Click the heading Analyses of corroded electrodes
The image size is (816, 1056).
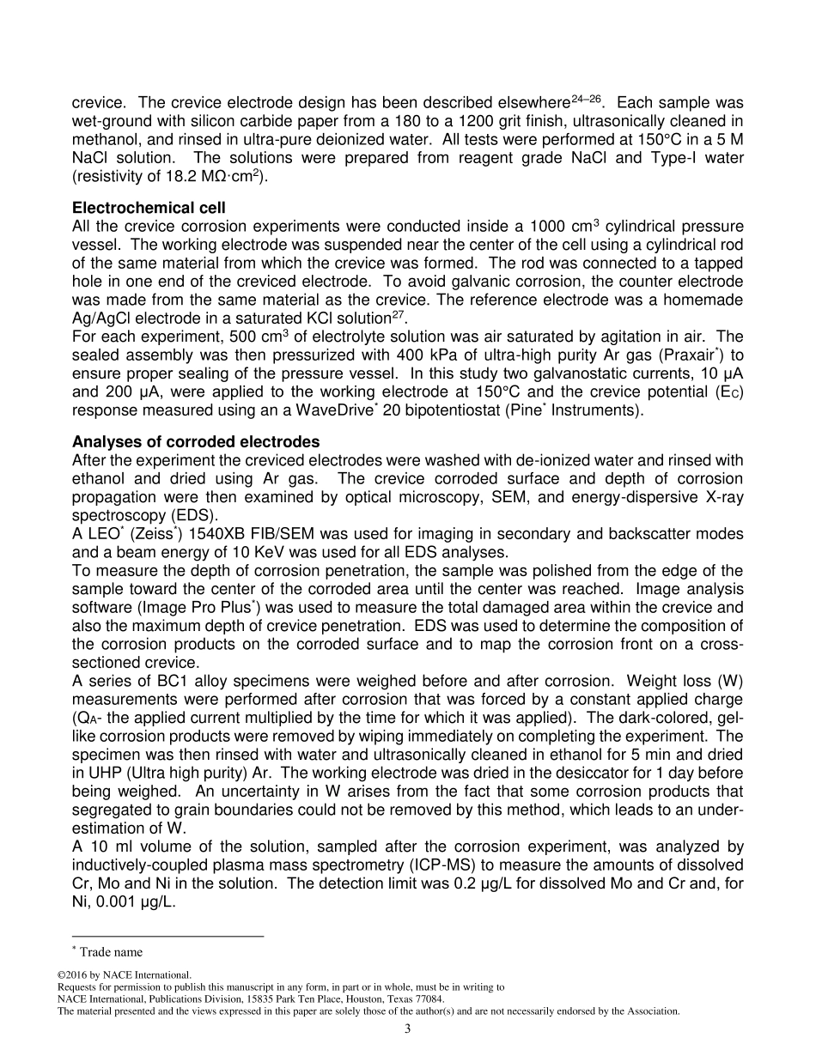[196, 441]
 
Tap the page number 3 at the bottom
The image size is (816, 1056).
[408, 1029]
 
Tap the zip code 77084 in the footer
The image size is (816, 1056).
[427, 998]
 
